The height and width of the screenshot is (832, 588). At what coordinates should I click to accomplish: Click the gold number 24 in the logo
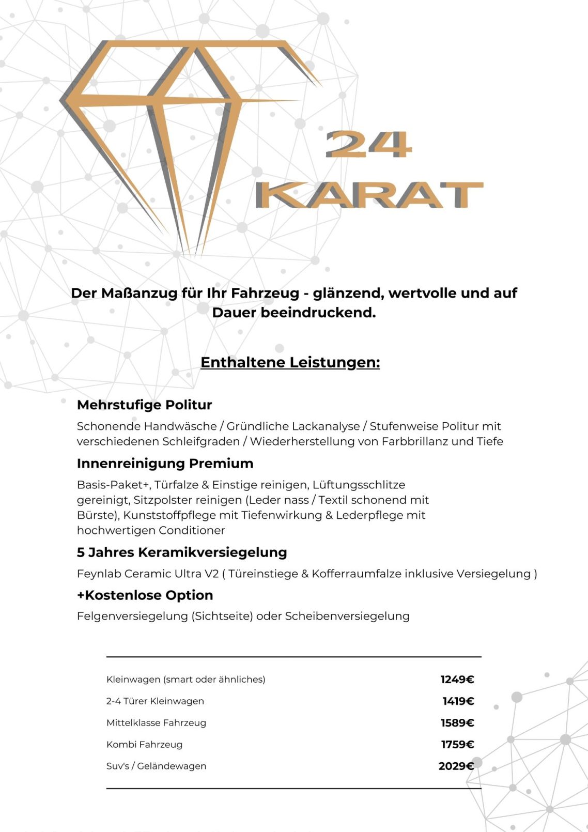click(368, 144)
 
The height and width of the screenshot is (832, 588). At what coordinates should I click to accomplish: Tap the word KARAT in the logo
click(369, 195)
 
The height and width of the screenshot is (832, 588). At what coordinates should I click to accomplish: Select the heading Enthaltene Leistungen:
click(290, 362)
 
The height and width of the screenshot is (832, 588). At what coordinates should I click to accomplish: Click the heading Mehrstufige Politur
click(144, 405)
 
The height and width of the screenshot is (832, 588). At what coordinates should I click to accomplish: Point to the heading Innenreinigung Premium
click(165, 463)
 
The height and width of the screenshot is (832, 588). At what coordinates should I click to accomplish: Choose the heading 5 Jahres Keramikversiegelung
click(181, 552)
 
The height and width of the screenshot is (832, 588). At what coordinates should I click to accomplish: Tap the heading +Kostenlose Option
click(145, 595)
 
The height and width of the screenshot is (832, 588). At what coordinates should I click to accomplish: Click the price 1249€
click(457, 679)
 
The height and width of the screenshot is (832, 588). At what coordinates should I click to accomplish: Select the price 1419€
click(458, 701)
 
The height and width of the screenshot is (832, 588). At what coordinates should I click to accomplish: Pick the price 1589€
click(457, 722)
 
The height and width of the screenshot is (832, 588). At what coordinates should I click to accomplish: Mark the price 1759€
click(457, 744)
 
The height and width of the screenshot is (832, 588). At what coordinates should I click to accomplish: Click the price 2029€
click(456, 766)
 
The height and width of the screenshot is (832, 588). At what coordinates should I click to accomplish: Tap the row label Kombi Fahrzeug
click(144, 744)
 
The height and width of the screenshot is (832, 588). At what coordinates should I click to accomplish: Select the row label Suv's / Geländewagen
click(156, 766)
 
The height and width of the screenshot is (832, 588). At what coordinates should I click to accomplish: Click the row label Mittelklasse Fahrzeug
click(156, 722)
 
